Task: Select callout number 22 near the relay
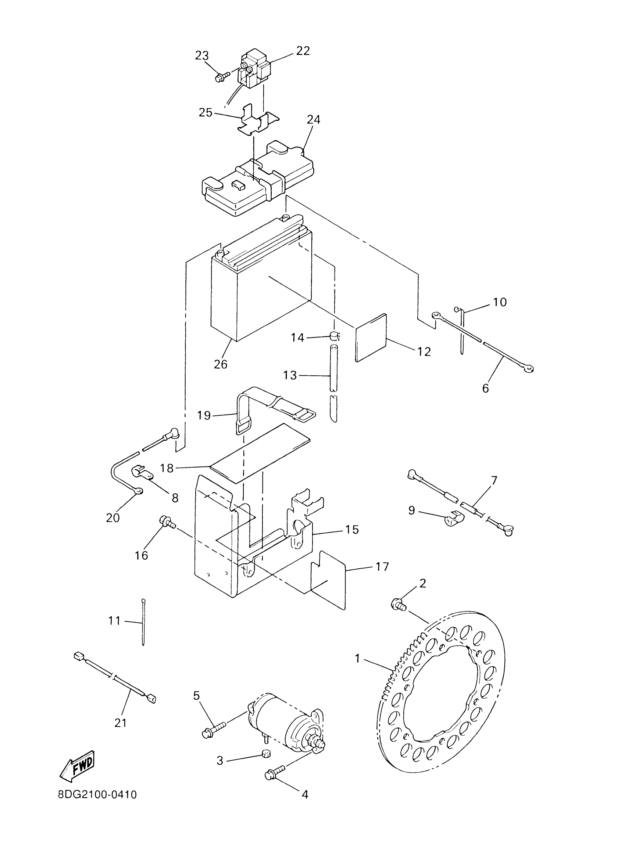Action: tap(303, 51)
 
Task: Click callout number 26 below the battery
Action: tap(221, 364)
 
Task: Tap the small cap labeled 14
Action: tap(333, 336)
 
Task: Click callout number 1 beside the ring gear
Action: tap(357, 658)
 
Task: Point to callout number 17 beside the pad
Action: tap(382, 577)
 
